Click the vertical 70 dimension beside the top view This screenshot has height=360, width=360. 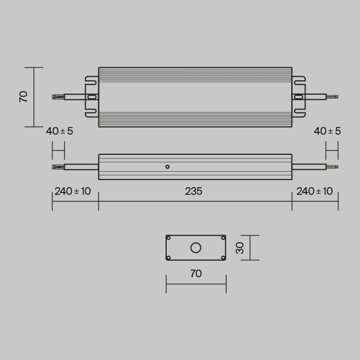pyautogui.click(x=24, y=97)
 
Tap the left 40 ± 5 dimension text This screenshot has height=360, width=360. pyautogui.click(x=60, y=131)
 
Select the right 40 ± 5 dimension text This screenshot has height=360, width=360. pyautogui.click(x=327, y=131)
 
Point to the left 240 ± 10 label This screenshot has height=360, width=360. pyautogui.click(x=73, y=191)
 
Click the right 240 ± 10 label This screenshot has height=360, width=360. pyautogui.click(x=315, y=191)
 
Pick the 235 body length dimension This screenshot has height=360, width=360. pyautogui.click(x=194, y=191)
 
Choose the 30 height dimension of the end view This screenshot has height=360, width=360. pyautogui.click(x=240, y=248)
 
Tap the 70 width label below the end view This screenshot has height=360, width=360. pyautogui.click(x=196, y=274)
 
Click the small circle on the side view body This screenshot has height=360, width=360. pyautogui.click(x=167, y=167)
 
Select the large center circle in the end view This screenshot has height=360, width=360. pyautogui.click(x=196, y=248)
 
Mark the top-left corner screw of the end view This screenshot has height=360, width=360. pyautogui.click(x=169, y=238)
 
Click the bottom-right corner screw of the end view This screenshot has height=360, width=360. pyautogui.click(x=223, y=258)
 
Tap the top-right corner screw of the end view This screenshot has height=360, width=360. pyautogui.click(x=223, y=238)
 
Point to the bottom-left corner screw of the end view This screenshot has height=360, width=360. pyautogui.click(x=169, y=258)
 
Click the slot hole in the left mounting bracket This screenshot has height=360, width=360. pyautogui.click(x=92, y=97)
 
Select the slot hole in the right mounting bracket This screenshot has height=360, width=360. pyautogui.click(x=298, y=97)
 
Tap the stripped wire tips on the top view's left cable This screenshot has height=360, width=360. pyautogui.click(x=58, y=96)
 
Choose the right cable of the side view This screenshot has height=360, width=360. pyautogui.click(x=309, y=167)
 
